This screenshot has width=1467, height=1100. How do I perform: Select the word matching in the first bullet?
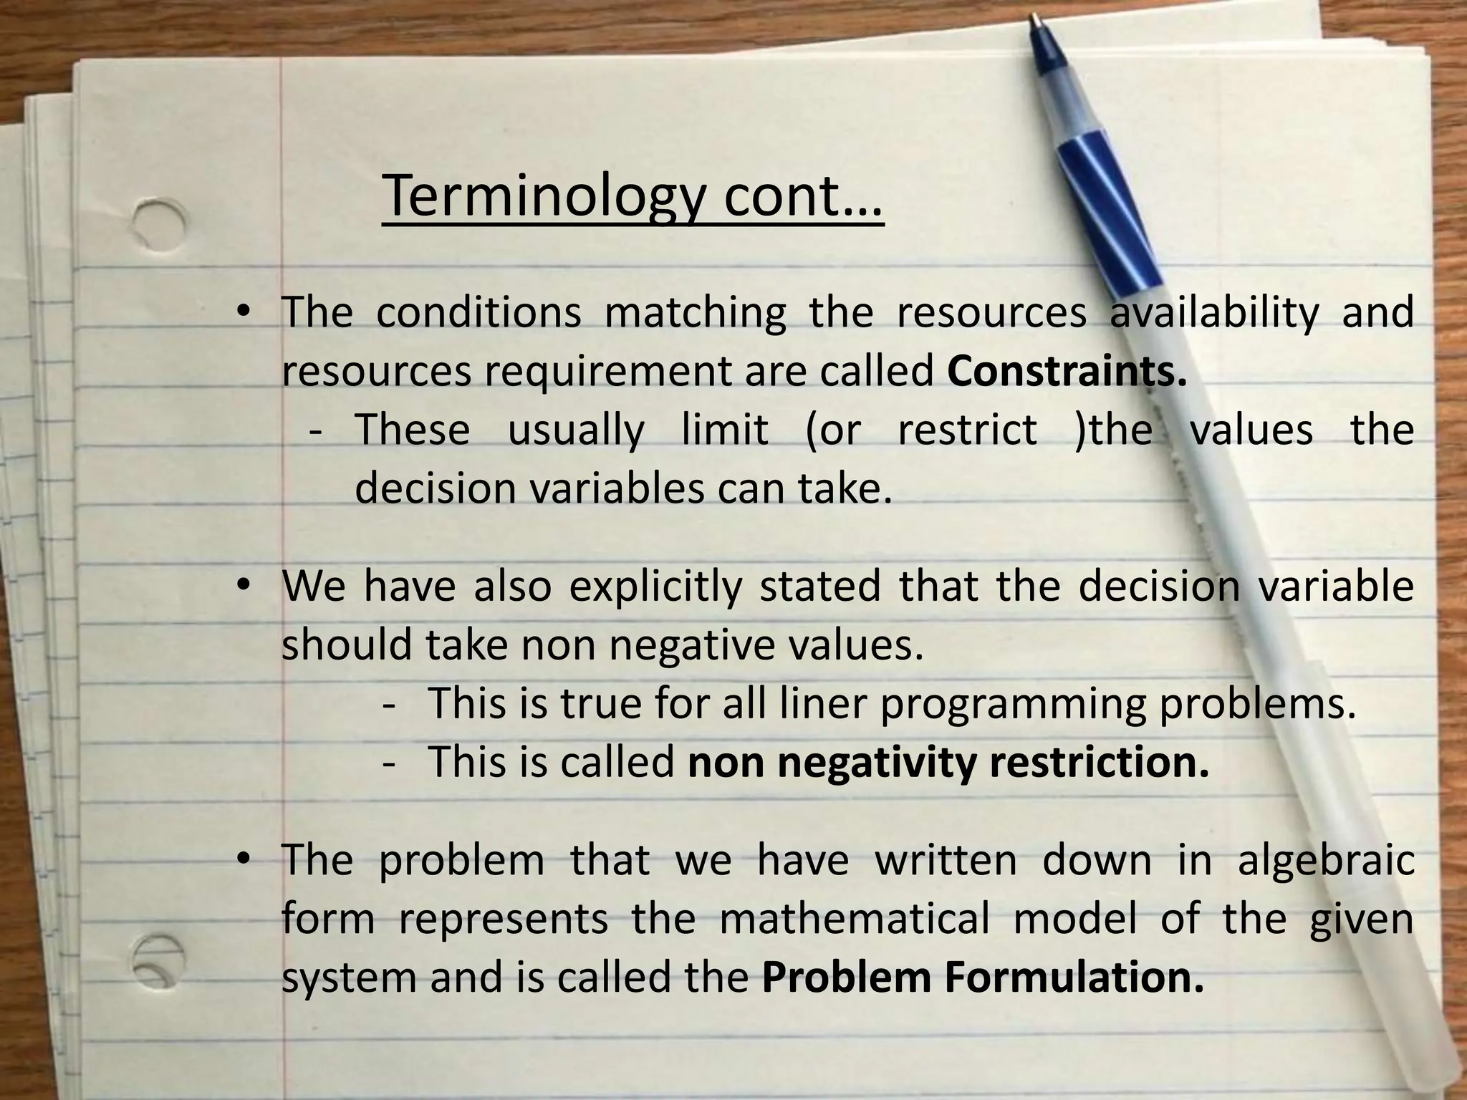pyautogui.click(x=695, y=312)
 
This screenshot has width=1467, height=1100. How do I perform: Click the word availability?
pyautogui.click(x=1214, y=312)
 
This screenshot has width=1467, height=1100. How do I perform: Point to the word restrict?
pyautogui.click(x=967, y=430)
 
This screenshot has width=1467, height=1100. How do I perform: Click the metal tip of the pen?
pyautogui.click(x=1036, y=21)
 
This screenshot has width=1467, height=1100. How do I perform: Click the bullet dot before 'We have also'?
pyautogui.click(x=244, y=586)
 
